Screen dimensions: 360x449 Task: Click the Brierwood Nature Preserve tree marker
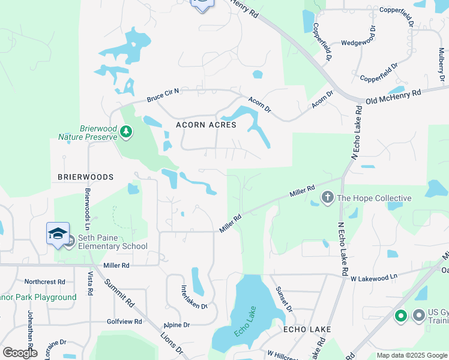coord(126,131)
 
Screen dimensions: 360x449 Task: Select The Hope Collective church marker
coord(327,197)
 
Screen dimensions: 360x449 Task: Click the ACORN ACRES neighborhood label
coord(206,125)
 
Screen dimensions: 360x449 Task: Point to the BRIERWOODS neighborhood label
coord(85,177)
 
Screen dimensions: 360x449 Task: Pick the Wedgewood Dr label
coord(358,43)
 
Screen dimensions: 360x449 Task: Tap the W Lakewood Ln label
coord(375,278)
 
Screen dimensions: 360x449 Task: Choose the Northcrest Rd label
coord(44,281)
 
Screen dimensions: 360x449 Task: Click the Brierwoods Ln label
coord(88,204)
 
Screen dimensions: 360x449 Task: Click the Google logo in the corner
coord(20,353)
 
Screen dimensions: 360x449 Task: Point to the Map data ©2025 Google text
coord(411,355)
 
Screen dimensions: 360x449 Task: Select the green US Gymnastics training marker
coord(401,315)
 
